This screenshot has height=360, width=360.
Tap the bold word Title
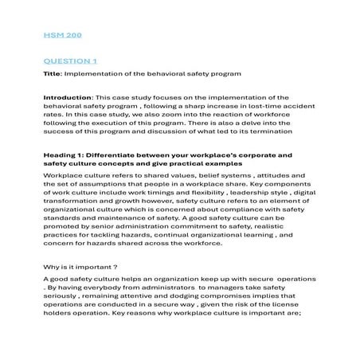click(x=51, y=74)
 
